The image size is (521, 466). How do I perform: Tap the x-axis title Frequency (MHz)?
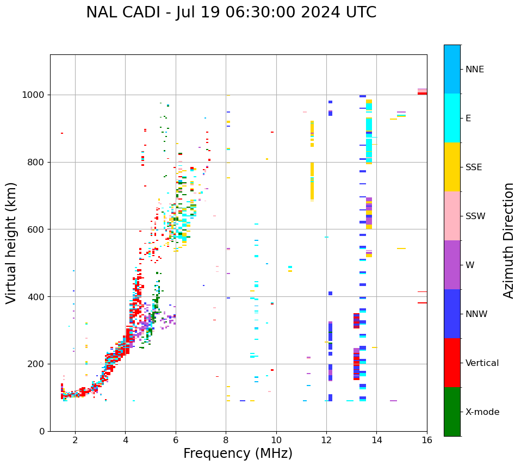pyautogui.click(x=238, y=453)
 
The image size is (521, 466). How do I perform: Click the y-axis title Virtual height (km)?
pyautogui.click(x=11, y=243)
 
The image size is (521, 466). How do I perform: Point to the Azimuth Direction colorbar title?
pyautogui.click(x=508, y=240)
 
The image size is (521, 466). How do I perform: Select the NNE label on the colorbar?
pyautogui.click(x=474, y=70)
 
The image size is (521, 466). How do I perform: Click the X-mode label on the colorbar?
pyautogui.click(x=482, y=412)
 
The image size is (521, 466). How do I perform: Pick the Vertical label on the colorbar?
pyautogui.click(x=482, y=363)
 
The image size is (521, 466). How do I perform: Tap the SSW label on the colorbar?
pyautogui.click(x=475, y=216)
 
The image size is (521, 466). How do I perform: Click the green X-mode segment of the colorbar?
pyautogui.click(x=452, y=412)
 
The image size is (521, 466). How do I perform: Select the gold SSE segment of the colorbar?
pyautogui.click(x=452, y=167)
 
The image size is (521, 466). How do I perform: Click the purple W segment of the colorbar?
pyautogui.click(x=452, y=265)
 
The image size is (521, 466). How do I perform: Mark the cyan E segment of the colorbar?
pyautogui.click(x=452, y=118)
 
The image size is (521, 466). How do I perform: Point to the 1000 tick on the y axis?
pyautogui.click(x=34, y=95)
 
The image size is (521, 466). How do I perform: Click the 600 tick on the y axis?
pyautogui.click(x=36, y=229)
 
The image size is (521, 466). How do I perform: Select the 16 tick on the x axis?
pyautogui.click(x=427, y=440)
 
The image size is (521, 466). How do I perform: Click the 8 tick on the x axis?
pyautogui.click(x=226, y=440)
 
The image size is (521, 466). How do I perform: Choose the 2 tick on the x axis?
pyautogui.click(x=75, y=440)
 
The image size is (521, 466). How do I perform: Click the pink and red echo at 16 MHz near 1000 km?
pyautogui.click(x=422, y=92)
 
